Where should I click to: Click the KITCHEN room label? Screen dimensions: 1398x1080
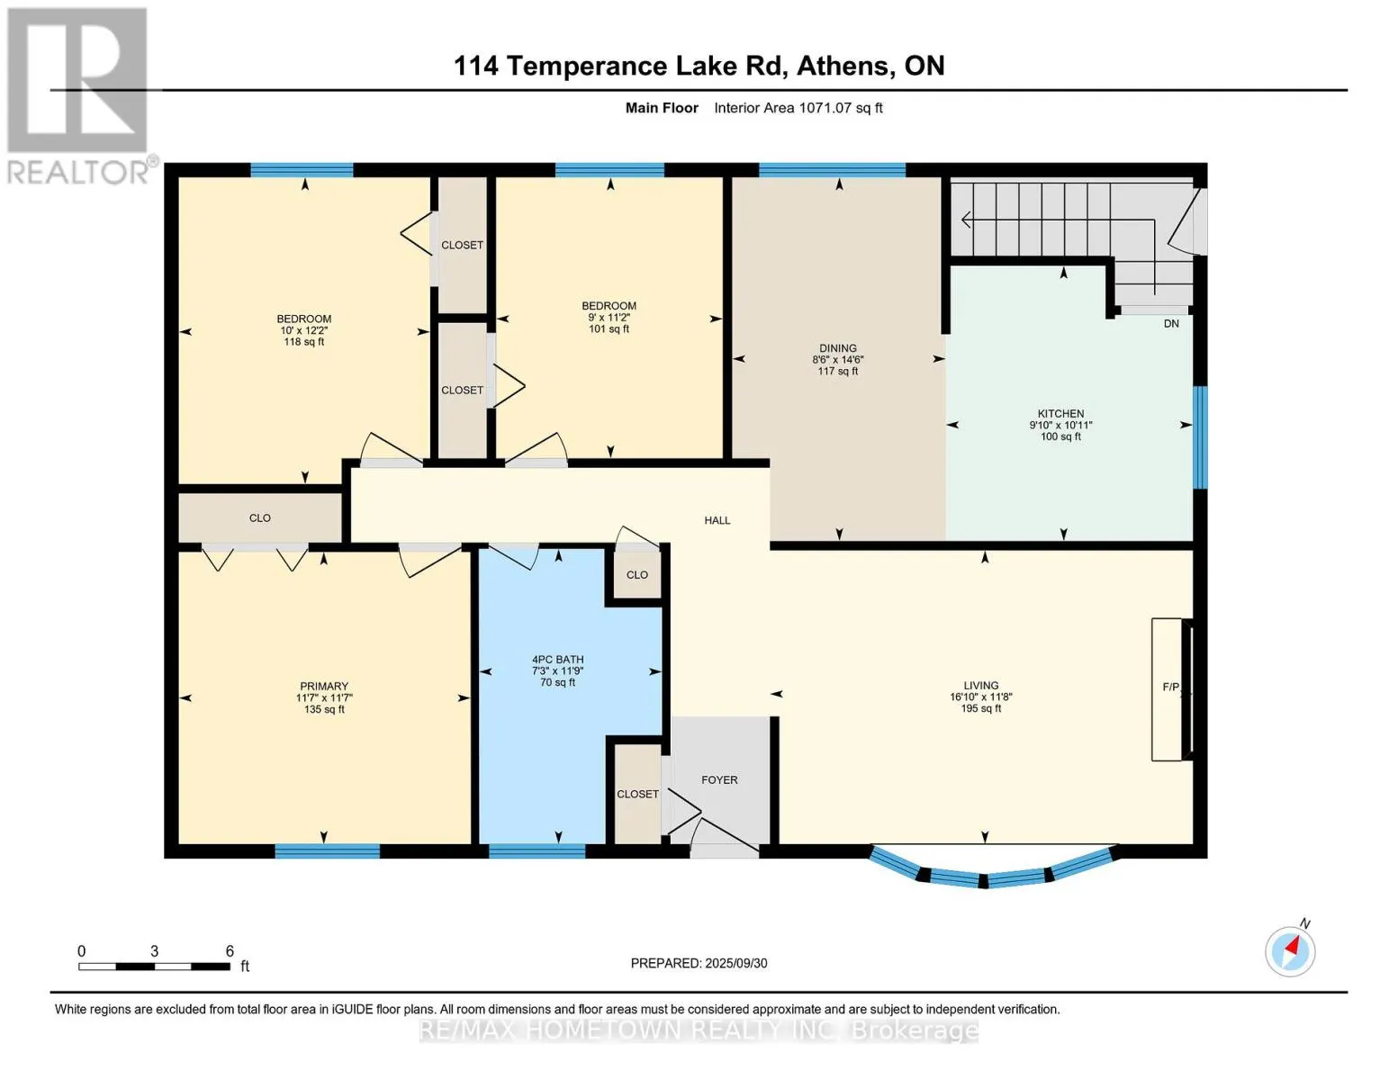pyautogui.click(x=1060, y=414)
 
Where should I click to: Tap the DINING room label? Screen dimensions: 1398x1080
pyautogui.click(x=838, y=348)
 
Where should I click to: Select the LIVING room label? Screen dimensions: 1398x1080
pyautogui.click(x=980, y=685)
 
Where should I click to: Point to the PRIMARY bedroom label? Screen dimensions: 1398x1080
pyautogui.click(x=323, y=687)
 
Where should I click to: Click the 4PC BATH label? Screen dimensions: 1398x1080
pyautogui.click(x=558, y=660)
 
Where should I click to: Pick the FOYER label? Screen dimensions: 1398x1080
pyautogui.click(x=719, y=779)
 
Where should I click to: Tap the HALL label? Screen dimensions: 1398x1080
pyautogui.click(x=717, y=520)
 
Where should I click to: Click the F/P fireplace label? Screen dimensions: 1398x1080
pyautogui.click(x=1171, y=687)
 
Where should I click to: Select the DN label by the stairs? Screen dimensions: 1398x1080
pyautogui.click(x=1171, y=323)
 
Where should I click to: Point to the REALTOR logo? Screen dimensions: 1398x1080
pyautogui.click(x=77, y=96)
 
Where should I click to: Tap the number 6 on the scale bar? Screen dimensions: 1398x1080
pyautogui.click(x=230, y=950)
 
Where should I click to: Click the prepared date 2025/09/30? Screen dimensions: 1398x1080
pyautogui.click(x=736, y=963)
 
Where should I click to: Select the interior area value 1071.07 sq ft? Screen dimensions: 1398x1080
pyautogui.click(x=840, y=108)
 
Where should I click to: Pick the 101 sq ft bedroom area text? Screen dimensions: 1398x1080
pyautogui.click(x=609, y=328)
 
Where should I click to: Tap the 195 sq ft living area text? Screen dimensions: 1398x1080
pyautogui.click(x=980, y=708)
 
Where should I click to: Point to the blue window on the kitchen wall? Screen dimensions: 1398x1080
pyautogui.click(x=1200, y=437)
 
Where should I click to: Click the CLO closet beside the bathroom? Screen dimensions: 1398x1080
pyautogui.click(x=637, y=574)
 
